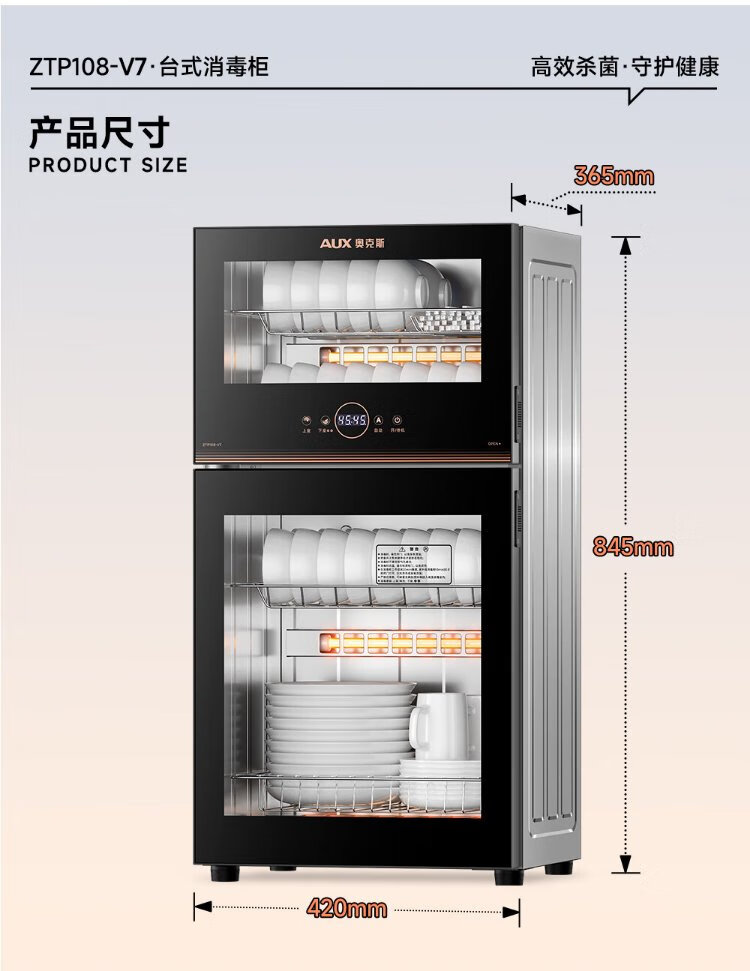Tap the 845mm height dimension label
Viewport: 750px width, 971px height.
coord(633,547)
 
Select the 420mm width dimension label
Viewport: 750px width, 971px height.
coord(346,908)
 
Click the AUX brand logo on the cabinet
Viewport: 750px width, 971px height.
coord(355,243)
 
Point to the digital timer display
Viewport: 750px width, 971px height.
coord(352,421)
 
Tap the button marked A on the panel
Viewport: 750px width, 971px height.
coord(379,421)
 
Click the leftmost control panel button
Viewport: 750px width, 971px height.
coord(306,422)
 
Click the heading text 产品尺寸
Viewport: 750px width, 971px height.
coord(98,132)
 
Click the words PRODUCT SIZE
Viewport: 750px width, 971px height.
coord(108,165)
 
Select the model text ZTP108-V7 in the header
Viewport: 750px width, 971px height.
coord(88,67)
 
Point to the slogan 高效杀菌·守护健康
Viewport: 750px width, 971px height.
coord(624,67)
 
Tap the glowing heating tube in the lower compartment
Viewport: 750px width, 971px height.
coord(400,641)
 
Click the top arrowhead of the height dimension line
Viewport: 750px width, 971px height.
coord(626,244)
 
